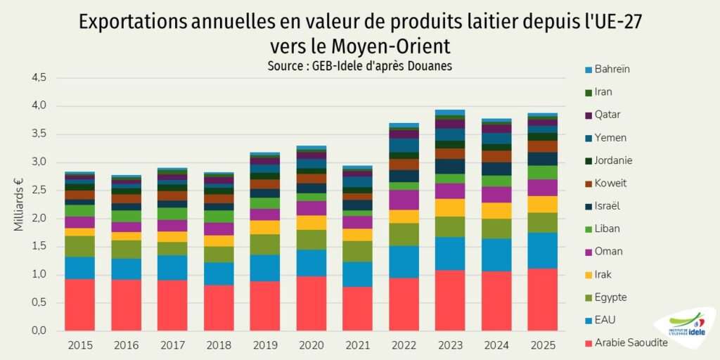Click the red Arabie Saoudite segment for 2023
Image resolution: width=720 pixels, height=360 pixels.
coord(450,300)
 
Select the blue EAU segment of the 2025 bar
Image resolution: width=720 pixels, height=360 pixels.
coord(542,250)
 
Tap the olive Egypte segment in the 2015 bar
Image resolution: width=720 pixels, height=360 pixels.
coord(79,246)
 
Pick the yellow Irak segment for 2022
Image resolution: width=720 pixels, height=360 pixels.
coord(404,216)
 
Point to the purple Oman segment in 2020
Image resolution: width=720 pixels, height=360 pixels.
coord(311,208)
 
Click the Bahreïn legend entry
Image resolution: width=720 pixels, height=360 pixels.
coord(612,69)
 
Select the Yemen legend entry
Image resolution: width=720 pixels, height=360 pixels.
coord(610,138)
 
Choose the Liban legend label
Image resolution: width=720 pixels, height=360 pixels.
coord(607,229)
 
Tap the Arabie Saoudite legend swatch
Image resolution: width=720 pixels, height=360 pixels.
coord(588,343)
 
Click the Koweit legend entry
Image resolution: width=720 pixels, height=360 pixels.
coord(610,184)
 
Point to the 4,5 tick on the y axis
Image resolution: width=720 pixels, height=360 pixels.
coord(38,78)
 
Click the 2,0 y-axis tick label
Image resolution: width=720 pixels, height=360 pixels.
coord(38,219)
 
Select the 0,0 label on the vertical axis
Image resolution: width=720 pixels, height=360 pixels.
coord(38,330)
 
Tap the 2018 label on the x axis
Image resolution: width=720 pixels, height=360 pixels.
coord(218,345)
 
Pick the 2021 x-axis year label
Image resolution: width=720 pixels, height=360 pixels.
coord(357,345)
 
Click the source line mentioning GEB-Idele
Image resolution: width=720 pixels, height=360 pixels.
coord(359,66)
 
